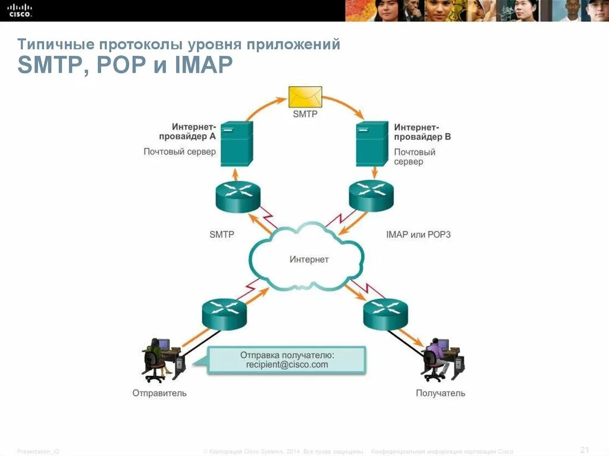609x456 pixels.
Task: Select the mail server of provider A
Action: (237, 144)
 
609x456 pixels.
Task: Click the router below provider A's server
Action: (238, 195)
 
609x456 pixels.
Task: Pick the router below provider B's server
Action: (371, 195)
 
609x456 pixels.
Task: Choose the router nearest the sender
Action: (224, 314)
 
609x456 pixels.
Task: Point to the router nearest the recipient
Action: (385, 314)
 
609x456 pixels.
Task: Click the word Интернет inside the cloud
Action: (309, 259)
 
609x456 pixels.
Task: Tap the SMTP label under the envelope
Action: (305, 114)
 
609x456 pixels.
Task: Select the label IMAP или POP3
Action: (418, 234)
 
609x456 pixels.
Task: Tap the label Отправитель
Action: (159, 393)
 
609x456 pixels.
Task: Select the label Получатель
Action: (440, 393)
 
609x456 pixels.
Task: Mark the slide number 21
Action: (584, 449)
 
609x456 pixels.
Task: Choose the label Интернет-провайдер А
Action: (193, 131)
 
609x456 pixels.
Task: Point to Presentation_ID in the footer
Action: (38, 452)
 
